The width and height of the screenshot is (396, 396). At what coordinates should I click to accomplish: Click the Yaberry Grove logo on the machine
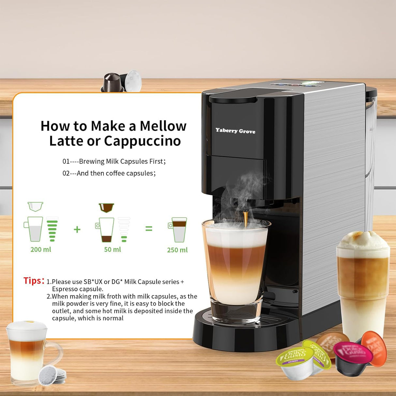tap(235, 131)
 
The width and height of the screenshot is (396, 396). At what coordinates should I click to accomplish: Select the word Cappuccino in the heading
tap(142, 141)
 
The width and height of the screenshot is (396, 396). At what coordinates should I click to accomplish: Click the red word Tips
tap(34, 281)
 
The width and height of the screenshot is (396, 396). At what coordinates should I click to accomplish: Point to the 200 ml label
tap(41, 250)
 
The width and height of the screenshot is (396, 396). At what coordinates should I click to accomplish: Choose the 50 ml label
tap(113, 250)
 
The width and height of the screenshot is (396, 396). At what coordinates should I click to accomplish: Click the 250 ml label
tap(177, 250)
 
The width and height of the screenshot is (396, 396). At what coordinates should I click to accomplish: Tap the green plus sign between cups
tap(77, 230)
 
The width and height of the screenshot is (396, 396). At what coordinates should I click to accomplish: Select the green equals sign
tap(149, 229)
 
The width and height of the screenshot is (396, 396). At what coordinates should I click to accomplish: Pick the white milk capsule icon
tap(35, 206)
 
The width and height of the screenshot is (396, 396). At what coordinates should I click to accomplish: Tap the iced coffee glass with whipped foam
tap(363, 281)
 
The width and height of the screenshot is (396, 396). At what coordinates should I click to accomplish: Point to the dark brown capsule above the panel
tap(113, 83)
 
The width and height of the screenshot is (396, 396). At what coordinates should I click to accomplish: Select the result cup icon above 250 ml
tap(178, 230)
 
